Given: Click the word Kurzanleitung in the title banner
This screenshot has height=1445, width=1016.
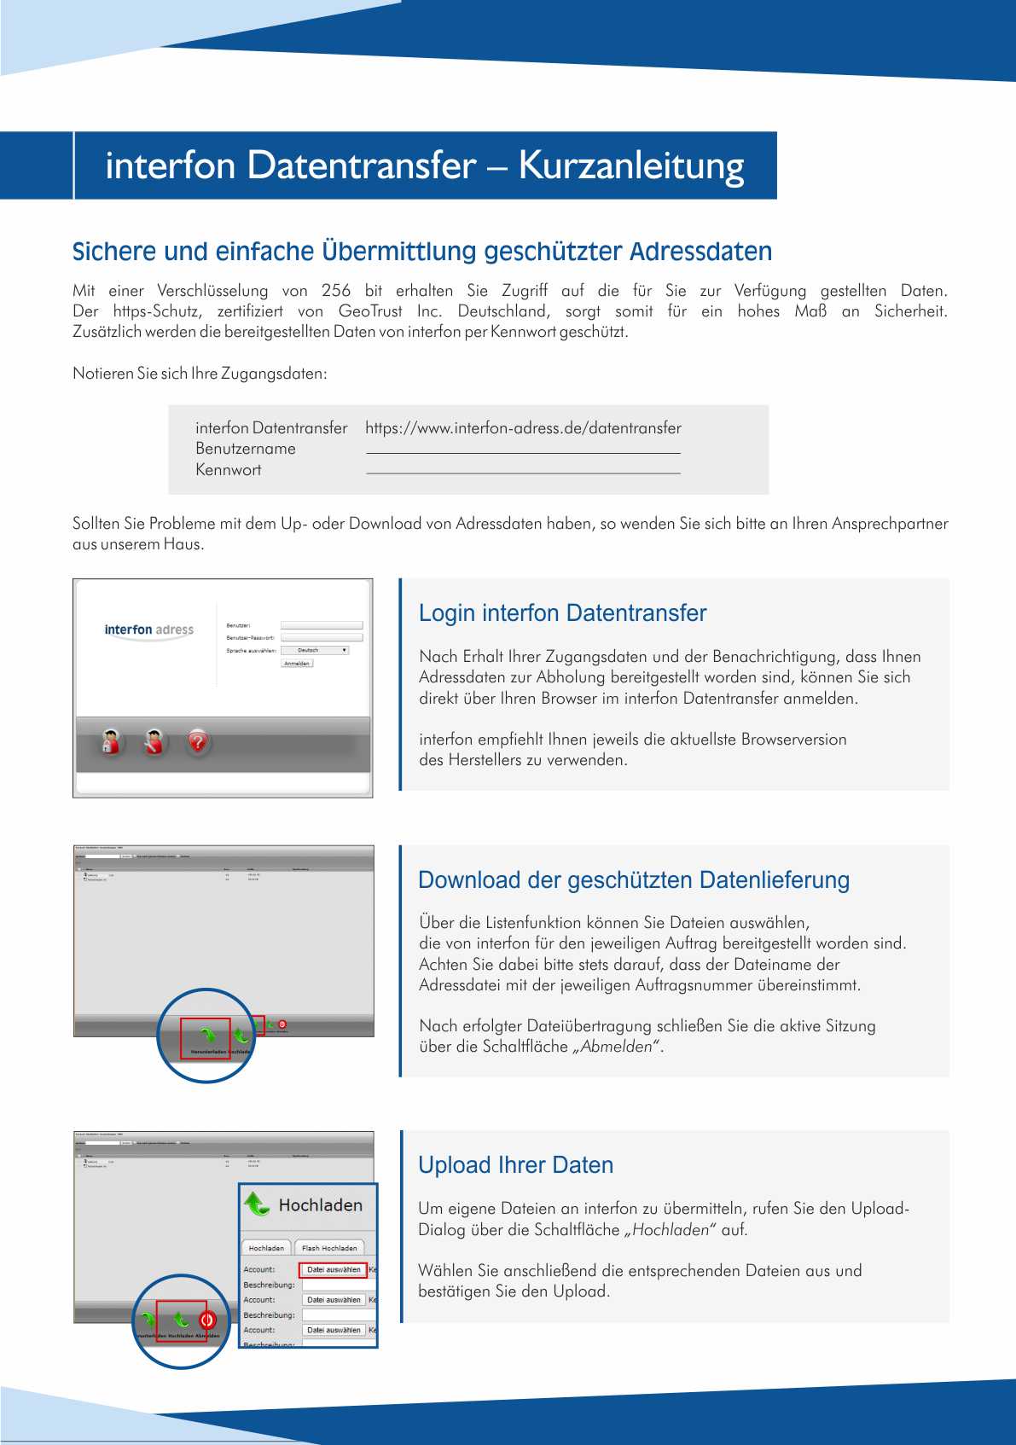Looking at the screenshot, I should [631, 165].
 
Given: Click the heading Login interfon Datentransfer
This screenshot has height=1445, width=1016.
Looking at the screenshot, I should [562, 613].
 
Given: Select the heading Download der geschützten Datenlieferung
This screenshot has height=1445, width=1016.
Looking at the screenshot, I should [634, 880].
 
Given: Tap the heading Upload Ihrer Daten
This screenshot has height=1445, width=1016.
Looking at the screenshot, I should [515, 1165].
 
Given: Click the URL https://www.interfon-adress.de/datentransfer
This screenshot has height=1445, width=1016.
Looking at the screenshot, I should [523, 428].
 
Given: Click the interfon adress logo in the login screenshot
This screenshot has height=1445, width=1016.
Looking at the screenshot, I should [149, 630].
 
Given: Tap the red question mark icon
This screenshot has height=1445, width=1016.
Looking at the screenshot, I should [198, 742].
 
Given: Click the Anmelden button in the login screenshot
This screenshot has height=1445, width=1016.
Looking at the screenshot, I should [297, 663].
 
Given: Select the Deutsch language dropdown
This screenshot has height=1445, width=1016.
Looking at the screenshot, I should [314, 650].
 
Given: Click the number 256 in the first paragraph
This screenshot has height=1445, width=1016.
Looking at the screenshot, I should [336, 291].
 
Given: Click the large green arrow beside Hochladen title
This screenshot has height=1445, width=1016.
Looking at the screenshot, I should [257, 1204].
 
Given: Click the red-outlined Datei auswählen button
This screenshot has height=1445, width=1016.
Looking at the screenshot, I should [334, 1269].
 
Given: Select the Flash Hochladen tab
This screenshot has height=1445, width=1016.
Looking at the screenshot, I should [329, 1248].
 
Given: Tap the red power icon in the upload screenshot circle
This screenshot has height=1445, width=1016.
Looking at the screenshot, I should [207, 1320].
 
